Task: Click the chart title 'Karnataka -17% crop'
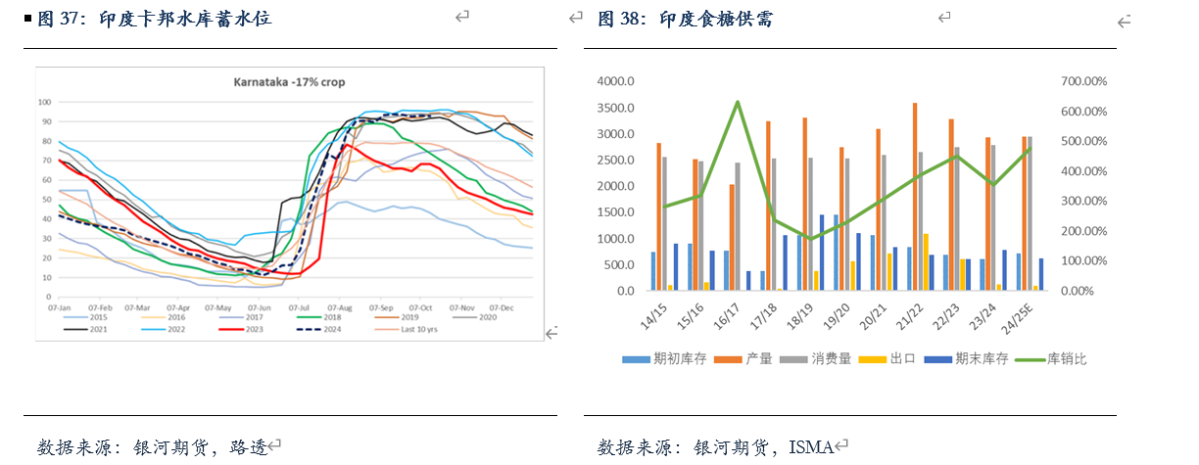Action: click(x=288, y=81)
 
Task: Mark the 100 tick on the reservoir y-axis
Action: click(x=43, y=102)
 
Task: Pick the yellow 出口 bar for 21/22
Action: click(x=926, y=261)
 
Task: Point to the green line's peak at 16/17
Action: click(x=738, y=101)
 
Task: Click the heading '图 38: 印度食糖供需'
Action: click(x=685, y=20)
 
